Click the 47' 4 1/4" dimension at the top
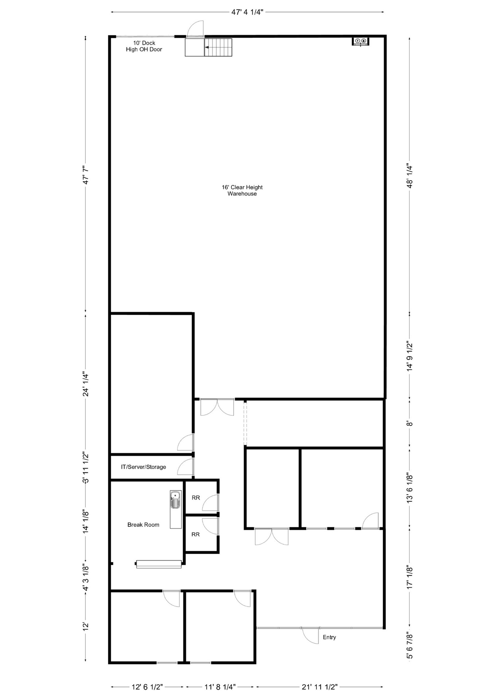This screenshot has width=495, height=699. click(247, 12)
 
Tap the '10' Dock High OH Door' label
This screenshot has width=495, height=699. click(144, 46)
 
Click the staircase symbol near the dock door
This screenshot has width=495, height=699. click(218, 47)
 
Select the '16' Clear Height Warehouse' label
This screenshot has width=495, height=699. click(242, 190)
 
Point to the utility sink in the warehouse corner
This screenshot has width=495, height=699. click(360, 41)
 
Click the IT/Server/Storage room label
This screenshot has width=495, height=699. click(143, 467)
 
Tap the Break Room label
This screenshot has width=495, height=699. click(143, 525)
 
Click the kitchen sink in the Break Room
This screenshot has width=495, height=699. click(176, 500)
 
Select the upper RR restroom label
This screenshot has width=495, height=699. click(196, 498)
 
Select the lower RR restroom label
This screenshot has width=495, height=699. click(195, 534)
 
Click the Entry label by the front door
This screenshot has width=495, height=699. click(329, 637)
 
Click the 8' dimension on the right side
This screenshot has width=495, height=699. click(410, 424)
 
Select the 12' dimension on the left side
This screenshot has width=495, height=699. click(86, 627)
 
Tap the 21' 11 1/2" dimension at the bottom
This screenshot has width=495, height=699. click(319, 687)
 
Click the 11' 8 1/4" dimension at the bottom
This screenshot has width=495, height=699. click(220, 687)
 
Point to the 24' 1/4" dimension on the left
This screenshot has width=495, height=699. click(86, 384)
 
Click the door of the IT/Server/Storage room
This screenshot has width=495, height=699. click(186, 467)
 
